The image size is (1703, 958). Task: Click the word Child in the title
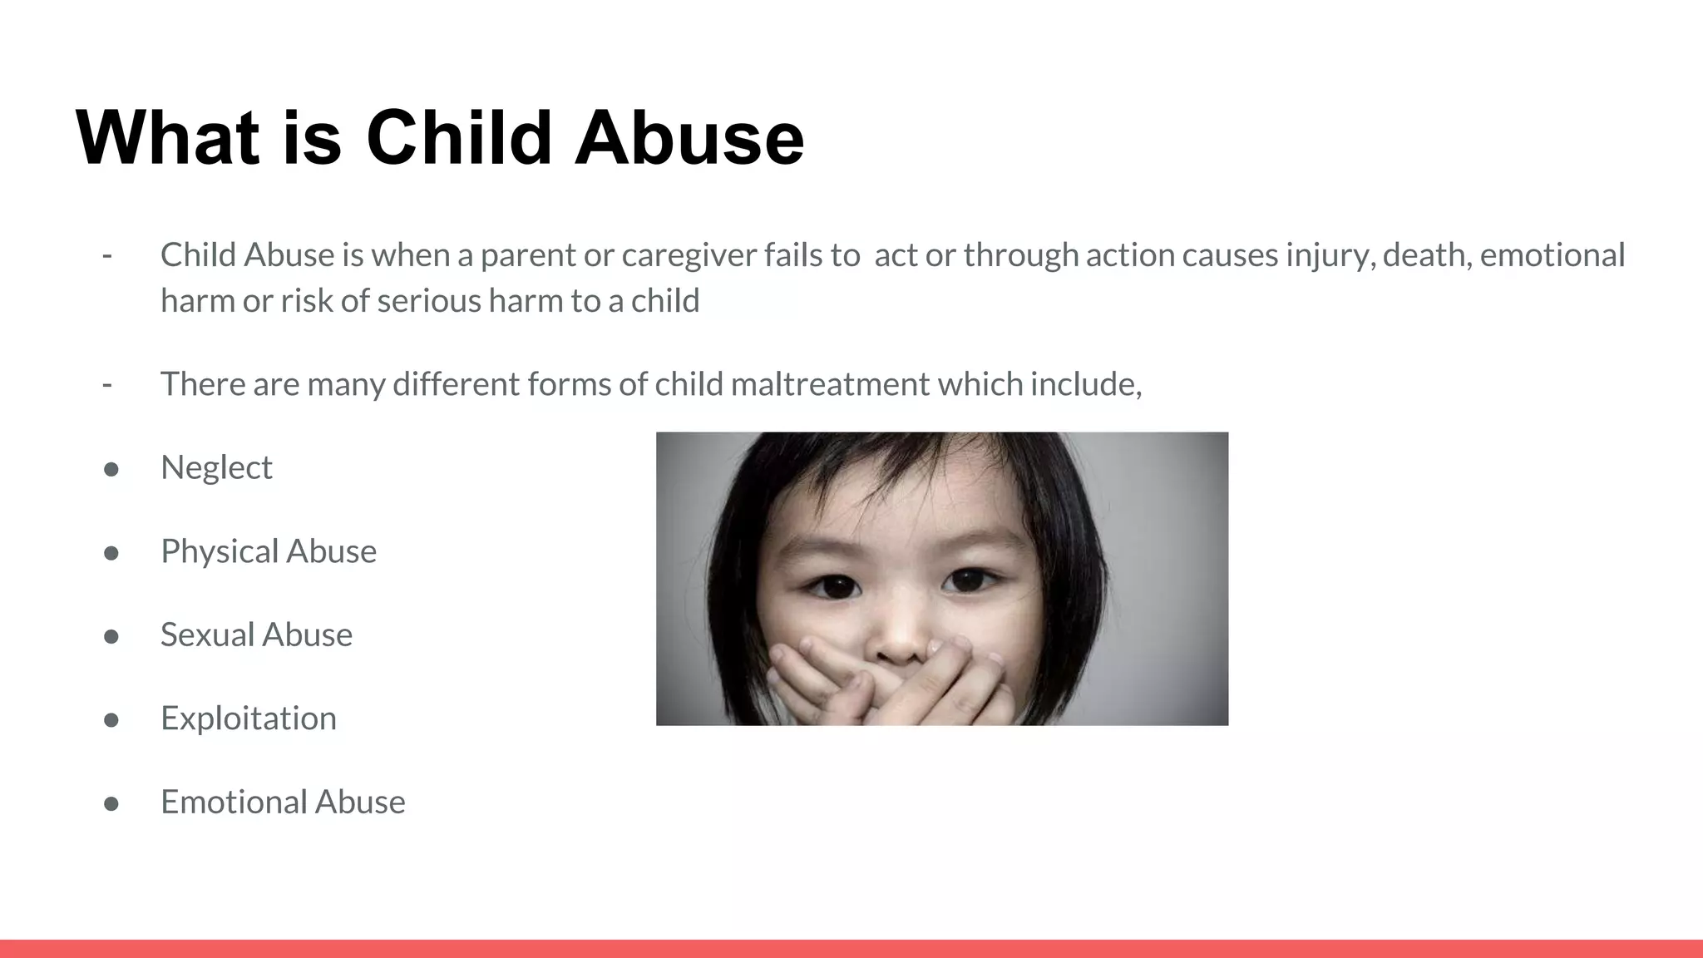click(459, 137)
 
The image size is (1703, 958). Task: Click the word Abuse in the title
click(689, 137)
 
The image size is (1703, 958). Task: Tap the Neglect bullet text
click(216, 467)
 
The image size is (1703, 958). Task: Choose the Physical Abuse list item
click(268, 551)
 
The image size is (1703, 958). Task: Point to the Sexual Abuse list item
click(256, 635)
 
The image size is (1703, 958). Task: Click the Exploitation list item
click(248, 718)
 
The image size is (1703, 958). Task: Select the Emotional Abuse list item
click(283, 802)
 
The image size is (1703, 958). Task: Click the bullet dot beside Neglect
click(111, 469)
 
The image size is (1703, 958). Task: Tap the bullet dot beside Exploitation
click(111, 719)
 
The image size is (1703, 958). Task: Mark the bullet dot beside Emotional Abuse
click(111, 803)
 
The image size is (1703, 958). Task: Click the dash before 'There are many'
click(107, 384)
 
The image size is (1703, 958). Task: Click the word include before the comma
click(1083, 384)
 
